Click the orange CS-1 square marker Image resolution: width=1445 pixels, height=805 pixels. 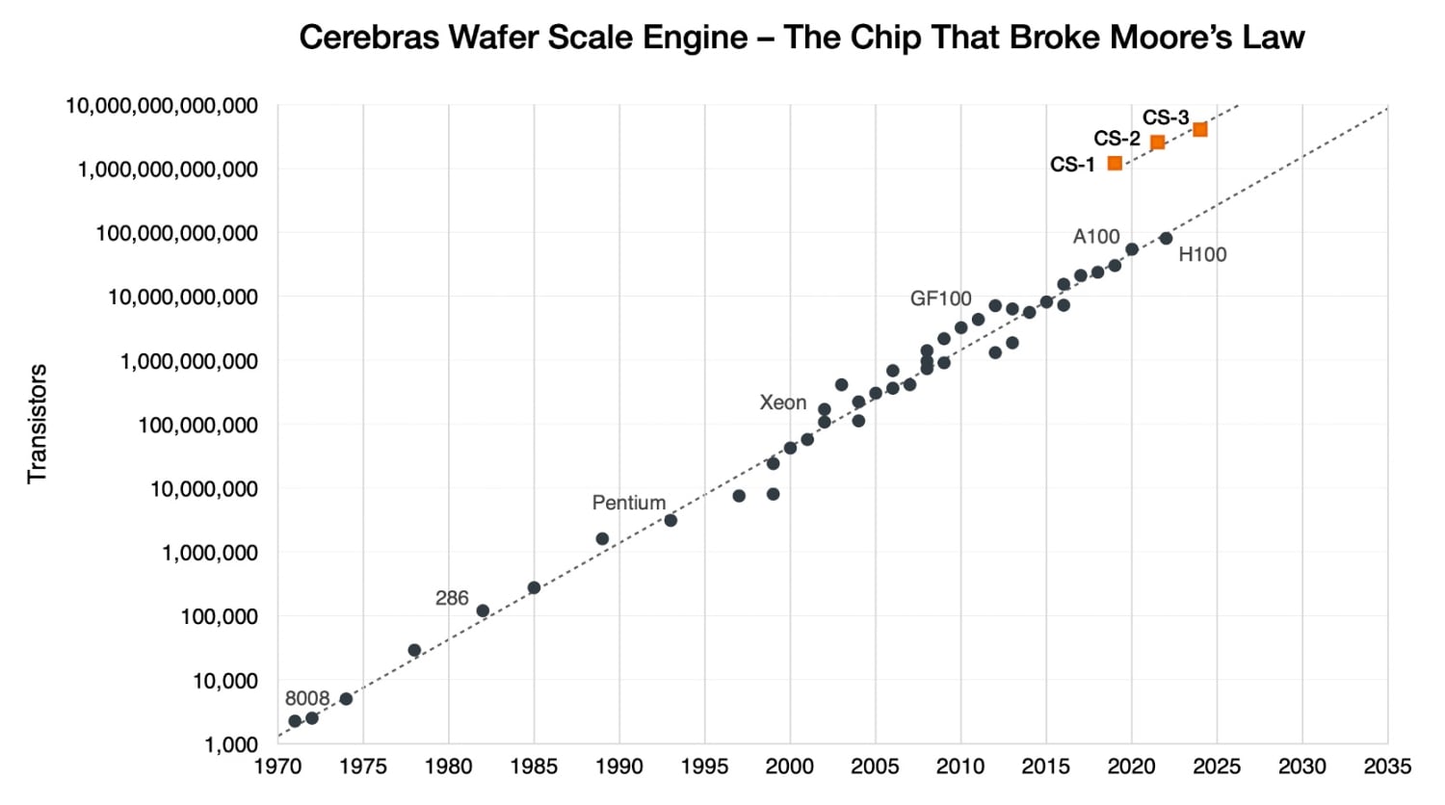point(1115,164)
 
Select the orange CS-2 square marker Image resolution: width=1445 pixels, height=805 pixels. point(1158,143)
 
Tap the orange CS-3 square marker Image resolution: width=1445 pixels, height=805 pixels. point(1200,129)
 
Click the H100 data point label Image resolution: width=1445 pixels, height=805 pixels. point(1202,255)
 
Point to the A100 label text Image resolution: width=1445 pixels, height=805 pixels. point(1096,237)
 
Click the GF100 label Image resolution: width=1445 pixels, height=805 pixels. point(940,299)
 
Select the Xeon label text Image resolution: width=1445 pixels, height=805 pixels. point(782,403)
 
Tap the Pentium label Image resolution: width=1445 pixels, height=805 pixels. point(628,504)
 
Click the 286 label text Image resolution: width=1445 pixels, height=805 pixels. point(452,599)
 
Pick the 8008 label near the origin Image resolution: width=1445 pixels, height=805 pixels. point(307,699)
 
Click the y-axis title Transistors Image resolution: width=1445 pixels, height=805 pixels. point(38,424)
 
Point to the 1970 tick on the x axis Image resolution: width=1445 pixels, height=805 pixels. point(277,767)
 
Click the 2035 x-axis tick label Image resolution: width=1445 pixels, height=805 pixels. point(1387,767)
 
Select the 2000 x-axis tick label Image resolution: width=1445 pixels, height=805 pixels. point(790,767)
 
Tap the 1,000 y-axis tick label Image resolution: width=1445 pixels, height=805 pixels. point(231,744)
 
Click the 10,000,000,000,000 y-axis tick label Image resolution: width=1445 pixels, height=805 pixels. point(162,106)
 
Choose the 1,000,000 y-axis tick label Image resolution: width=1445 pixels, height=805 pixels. point(210,554)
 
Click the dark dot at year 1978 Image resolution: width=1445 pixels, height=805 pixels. point(414,651)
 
